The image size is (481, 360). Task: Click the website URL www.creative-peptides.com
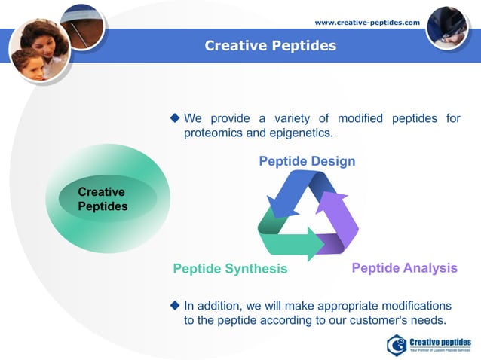click(366, 23)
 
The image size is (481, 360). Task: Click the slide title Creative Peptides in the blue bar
click(271, 46)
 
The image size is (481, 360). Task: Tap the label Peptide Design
click(307, 162)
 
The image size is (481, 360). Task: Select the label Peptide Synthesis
click(230, 269)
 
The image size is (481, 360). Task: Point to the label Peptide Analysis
click(404, 268)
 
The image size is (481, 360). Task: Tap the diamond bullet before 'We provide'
click(175, 118)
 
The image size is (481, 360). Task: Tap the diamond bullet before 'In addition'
click(175, 305)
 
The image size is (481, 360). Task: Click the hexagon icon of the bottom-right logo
click(397, 345)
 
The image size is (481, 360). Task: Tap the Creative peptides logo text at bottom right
click(440, 343)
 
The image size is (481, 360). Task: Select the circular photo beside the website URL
click(448, 28)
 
